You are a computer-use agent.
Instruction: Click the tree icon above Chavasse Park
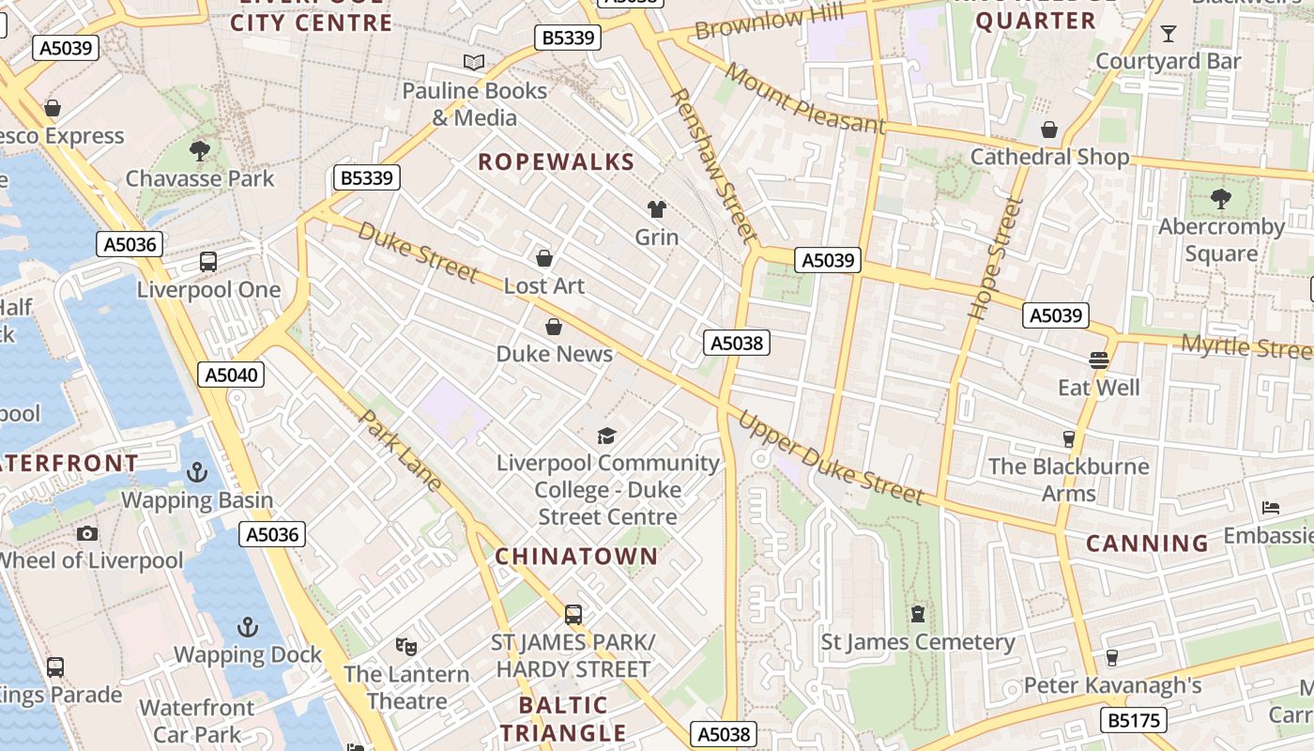pyautogui.click(x=199, y=150)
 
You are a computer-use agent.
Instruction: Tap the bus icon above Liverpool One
pyautogui.click(x=208, y=262)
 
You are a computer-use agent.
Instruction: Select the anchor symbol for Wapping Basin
pyautogui.click(x=196, y=472)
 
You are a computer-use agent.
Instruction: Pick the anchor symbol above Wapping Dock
pyautogui.click(x=248, y=627)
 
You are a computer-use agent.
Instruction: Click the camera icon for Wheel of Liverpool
pyautogui.click(x=87, y=533)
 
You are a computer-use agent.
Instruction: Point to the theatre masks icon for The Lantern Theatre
pyautogui.click(x=405, y=646)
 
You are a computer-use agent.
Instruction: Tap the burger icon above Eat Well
pyautogui.click(x=1099, y=360)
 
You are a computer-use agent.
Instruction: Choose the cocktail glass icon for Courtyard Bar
pyautogui.click(x=1168, y=34)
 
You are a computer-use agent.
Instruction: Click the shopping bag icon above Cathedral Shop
pyautogui.click(x=1049, y=129)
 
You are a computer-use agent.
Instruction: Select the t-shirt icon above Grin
pyautogui.click(x=656, y=208)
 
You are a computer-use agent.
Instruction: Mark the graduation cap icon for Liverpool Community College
pyautogui.click(x=607, y=436)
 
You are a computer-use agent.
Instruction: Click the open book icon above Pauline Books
pyautogui.click(x=474, y=63)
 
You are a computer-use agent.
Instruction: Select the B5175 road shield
pyautogui.click(x=1134, y=721)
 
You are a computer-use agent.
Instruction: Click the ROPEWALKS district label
pyautogui.click(x=557, y=162)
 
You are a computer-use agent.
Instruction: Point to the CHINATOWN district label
pyautogui.click(x=576, y=557)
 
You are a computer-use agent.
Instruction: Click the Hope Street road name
pyautogui.click(x=994, y=259)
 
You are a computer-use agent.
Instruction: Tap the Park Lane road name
pyautogui.click(x=402, y=451)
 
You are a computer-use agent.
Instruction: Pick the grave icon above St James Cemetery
pyautogui.click(x=917, y=614)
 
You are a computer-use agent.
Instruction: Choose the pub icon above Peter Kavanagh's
pyautogui.click(x=1112, y=657)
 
